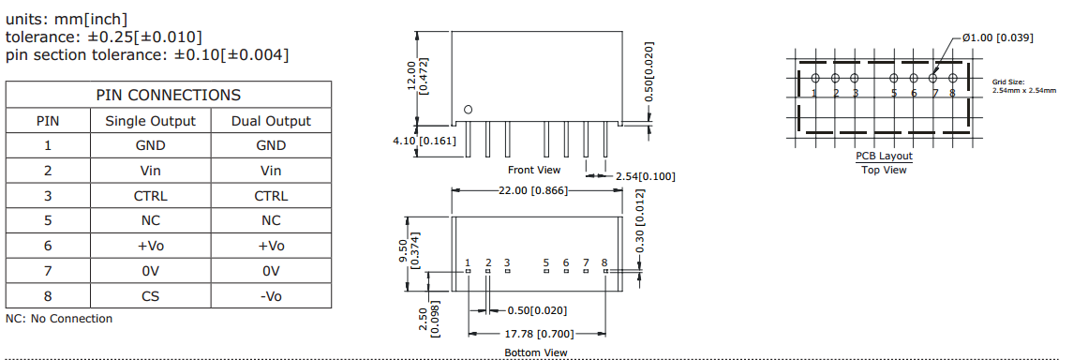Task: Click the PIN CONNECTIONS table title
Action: (x=169, y=95)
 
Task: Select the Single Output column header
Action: (x=151, y=121)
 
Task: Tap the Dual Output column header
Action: (x=271, y=121)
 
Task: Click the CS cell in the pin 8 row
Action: (x=151, y=295)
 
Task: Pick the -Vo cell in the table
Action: (x=271, y=295)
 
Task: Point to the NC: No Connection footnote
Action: (x=59, y=318)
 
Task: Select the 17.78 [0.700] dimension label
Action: (x=538, y=334)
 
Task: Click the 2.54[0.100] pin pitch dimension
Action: (x=646, y=176)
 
